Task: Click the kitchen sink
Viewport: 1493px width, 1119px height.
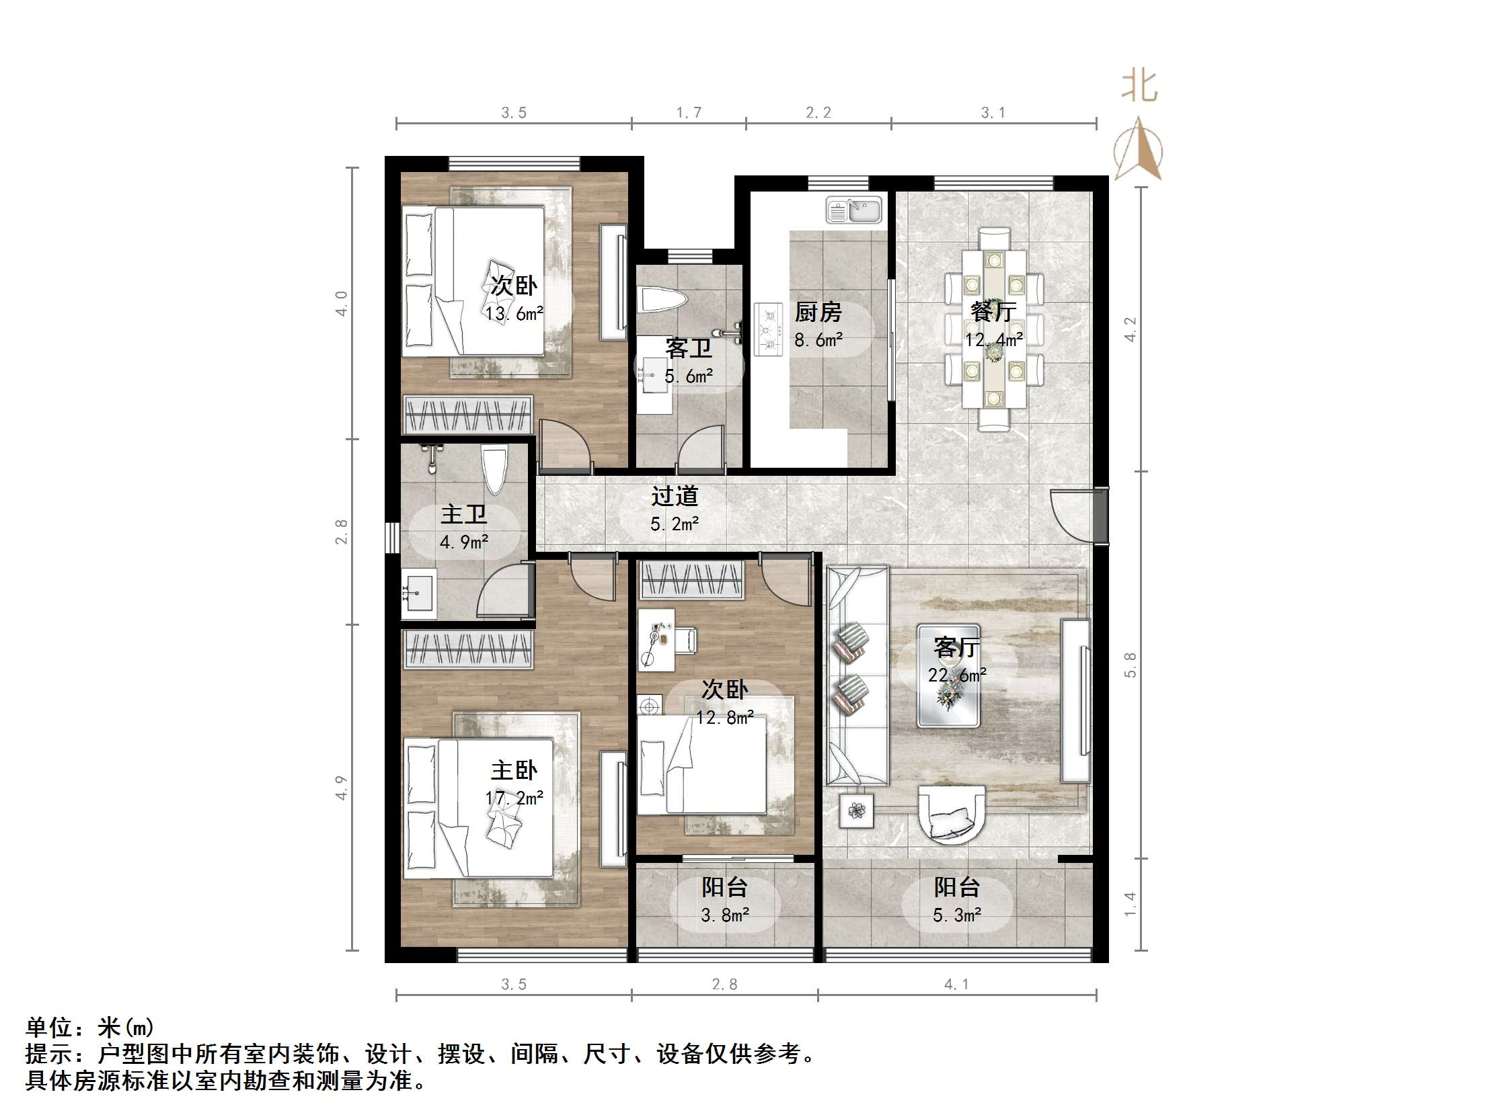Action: (x=854, y=210)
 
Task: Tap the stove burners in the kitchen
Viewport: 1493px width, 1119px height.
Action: (x=768, y=330)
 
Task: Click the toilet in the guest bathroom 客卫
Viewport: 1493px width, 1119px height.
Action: (x=662, y=300)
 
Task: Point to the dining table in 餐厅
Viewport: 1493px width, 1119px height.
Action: (x=993, y=329)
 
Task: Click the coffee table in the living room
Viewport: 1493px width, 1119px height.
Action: (x=948, y=675)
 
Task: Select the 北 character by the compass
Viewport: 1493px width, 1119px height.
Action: (x=1140, y=87)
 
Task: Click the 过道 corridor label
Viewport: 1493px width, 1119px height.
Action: (x=675, y=497)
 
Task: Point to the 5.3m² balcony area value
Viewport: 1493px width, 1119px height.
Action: (x=956, y=915)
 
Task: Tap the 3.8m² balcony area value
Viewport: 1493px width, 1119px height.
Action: (x=725, y=915)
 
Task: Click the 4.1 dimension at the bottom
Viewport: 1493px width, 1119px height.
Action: (x=956, y=985)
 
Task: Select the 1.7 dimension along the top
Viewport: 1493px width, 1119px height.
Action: (x=689, y=113)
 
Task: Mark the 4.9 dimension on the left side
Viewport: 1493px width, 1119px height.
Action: (x=342, y=788)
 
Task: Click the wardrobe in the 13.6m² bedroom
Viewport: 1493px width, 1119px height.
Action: (x=468, y=414)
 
